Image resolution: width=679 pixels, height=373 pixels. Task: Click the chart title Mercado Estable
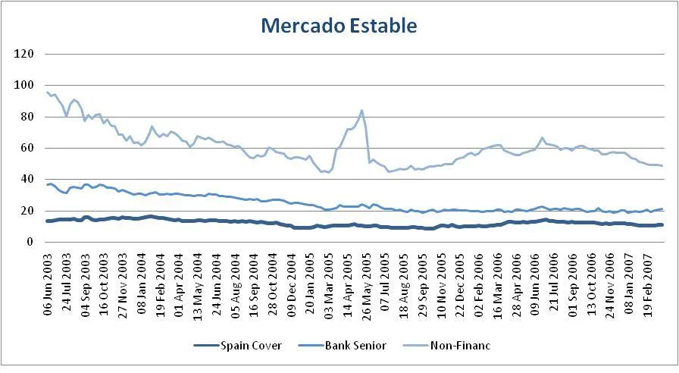pos(339,26)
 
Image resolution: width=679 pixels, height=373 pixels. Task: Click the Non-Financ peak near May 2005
pos(361,111)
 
